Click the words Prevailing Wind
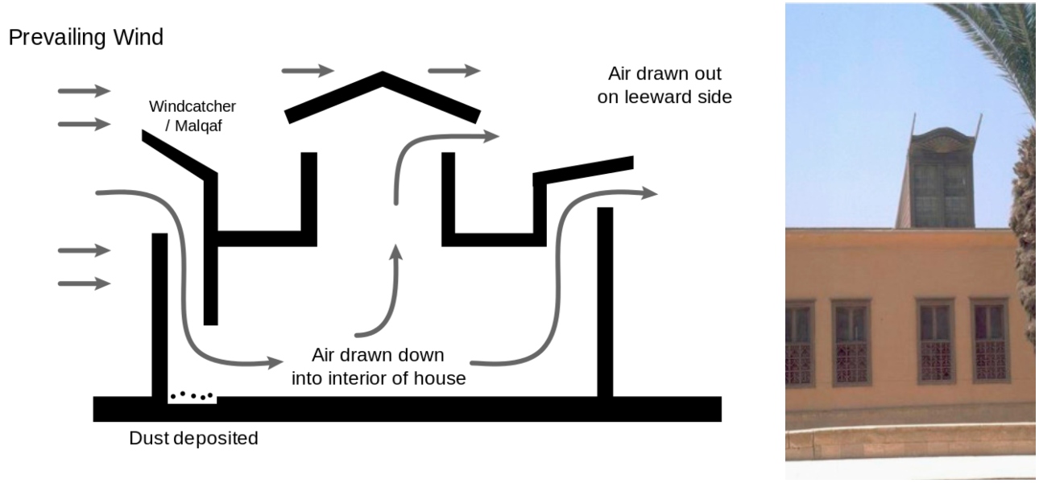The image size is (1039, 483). coord(85,38)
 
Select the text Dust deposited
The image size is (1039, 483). coord(194,439)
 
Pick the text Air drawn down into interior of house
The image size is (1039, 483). coord(379,366)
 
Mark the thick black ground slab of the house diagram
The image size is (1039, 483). coord(407,409)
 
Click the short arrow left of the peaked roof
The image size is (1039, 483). coord(307,71)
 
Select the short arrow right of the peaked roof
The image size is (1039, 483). coord(454,71)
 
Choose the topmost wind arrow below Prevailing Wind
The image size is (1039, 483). coord(84,90)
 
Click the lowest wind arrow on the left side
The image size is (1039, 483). coord(84,283)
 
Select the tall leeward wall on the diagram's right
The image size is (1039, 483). coord(605,302)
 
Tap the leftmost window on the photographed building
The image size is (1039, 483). coord(798,342)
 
